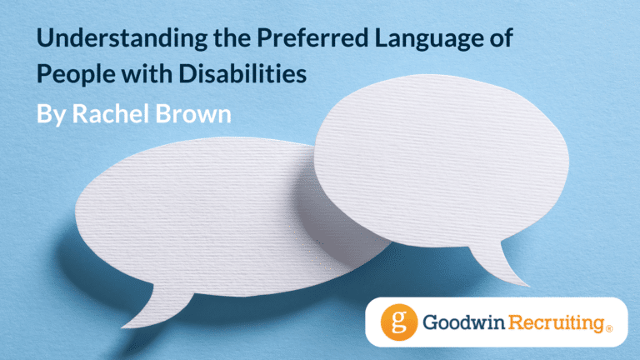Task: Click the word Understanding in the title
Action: (x=122, y=39)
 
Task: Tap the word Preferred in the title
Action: (x=312, y=37)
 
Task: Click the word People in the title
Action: (x=76, y=74)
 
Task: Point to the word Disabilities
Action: (x=242, y=73)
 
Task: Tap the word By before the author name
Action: (x=51, y=114)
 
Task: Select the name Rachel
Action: (x=111, y=113)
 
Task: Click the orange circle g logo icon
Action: (x=399, y=322)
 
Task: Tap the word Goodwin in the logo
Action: (x=463, y=322)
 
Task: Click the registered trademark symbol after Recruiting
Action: (x=609, y=328)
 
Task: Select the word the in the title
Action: (x=232, y=37)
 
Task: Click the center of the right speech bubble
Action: (x=442, y=161)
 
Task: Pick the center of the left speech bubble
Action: (x=204, y=217)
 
